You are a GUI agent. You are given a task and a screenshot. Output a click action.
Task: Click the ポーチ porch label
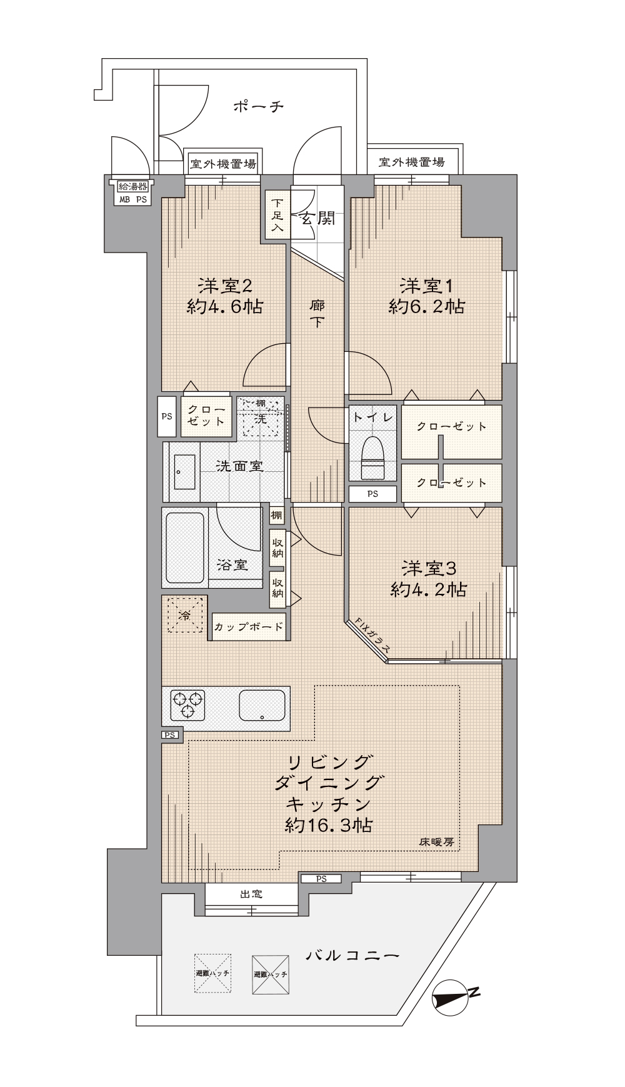pyautogui.click(x=258, y=106)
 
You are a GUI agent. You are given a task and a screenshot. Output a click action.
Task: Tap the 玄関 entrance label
pyautogui.click(x=317, y=218)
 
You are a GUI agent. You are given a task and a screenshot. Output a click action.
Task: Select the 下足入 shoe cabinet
pyautogui.click(x=277, y=214)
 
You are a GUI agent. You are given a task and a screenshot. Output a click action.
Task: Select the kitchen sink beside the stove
pyautogui.click(x=262, y=704)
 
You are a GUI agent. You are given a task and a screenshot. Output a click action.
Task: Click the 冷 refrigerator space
pyautogui.click(x=185, y=614)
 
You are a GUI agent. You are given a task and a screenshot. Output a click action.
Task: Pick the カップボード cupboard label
pyautogui.click(x=249, y=626)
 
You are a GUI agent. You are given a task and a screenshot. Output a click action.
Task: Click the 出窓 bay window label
pyautogui.click(x=251, y=894)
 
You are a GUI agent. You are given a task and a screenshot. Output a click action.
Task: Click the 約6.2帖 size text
pyautogui.click(x=427, y=306)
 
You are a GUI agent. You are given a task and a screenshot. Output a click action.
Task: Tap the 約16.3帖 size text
pyautogui.click(x=328, y=825)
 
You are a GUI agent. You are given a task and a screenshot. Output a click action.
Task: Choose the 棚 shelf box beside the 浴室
pyautogui.click(x=276, y=516)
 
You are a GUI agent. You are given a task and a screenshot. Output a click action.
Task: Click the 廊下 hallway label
pyautogui.click(x=317, y=313)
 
